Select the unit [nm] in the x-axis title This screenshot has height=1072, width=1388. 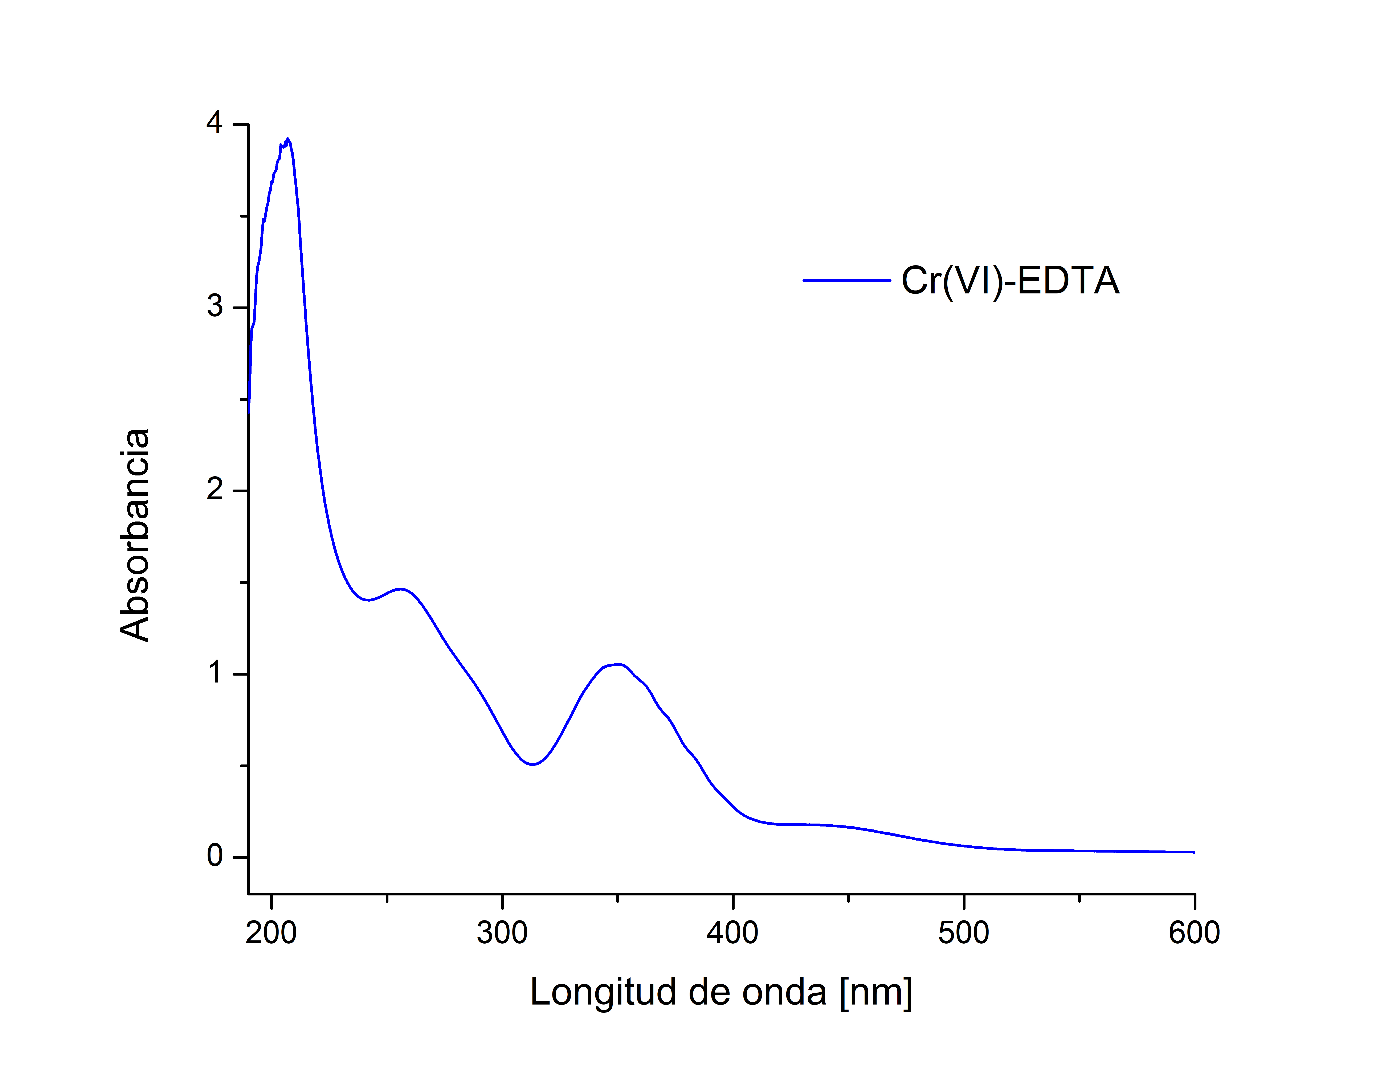876,992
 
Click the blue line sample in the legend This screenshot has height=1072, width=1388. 846,280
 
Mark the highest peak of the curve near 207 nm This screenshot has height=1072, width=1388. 288,139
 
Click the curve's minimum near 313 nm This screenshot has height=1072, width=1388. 532,764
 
